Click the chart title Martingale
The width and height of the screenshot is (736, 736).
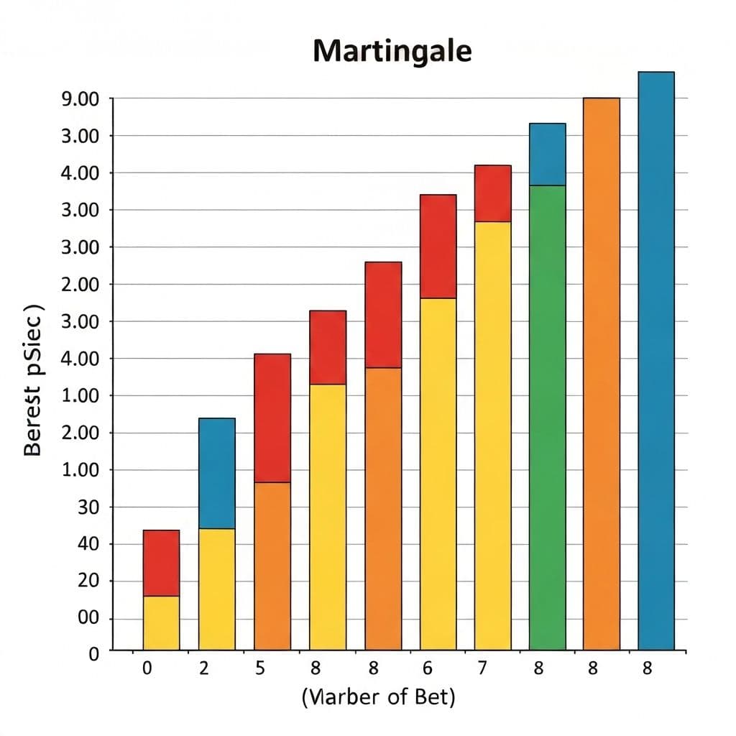click(x=392, y=52)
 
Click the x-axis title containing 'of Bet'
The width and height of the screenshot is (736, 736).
click(x=378, y=696)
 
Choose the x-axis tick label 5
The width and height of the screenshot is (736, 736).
click(x=260, y=668)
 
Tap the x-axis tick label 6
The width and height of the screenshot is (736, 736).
click(x=428, y=668)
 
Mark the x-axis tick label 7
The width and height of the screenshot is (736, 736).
click(x=482, y=668)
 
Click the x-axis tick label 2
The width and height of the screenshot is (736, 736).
click(x=204, y=668)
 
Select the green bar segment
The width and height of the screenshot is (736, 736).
click(x=547, y=417)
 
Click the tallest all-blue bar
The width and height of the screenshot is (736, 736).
click(x=655, y=359)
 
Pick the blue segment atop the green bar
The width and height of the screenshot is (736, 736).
click(x=547, y=154)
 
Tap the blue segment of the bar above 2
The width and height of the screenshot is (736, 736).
click(x=216, y=473)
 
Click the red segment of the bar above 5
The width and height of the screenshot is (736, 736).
click(x=272, y=418)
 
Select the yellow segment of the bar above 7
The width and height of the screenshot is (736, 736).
click(x=492, y=435)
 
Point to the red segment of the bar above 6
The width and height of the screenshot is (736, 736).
click(x=438, y=246)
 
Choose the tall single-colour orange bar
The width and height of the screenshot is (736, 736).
click(x=601, y=374)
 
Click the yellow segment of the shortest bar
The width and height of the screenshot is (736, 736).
click(x=161, y=622)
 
